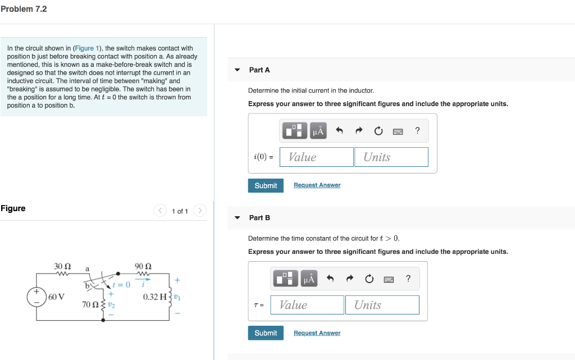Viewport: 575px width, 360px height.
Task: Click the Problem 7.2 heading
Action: pyautogui.click(x=24, y=9)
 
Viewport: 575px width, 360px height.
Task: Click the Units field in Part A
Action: pyautogui.click(x=391, y=157)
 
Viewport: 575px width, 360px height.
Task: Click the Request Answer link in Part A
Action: pyautogui.click(x=317, y=185)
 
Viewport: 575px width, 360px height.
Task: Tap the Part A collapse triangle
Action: pyautogui.click(x=237, y=70)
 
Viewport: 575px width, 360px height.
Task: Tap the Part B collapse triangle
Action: pyautogui.click(x=237, y=218)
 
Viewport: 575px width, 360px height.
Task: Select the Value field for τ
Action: pyautogui.click(x=307, y=305)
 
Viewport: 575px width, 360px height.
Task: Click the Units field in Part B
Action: pyautogui.click(x=382, y=305)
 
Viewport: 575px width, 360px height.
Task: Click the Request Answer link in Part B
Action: pyautogui.click(x=317, y=333)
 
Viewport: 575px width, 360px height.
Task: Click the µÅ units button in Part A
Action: pyautogui.click(x=318, y=131)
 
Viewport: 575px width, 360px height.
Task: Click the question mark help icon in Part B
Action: pyautogui.click(x=408, y=279)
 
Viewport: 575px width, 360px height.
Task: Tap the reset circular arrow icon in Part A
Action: pyautogui.click(x=378, y=131)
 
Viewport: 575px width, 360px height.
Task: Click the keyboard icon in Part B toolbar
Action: pyautogui.click(x=389, y=279)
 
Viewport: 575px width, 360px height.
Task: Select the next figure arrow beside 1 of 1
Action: pyautogui.click(x=200, y=211)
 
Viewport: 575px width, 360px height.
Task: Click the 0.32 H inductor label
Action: pyautogui.click(x=154, y=297)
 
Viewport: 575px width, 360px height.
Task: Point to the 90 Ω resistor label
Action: pyautogui.click(x=144, y=266)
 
